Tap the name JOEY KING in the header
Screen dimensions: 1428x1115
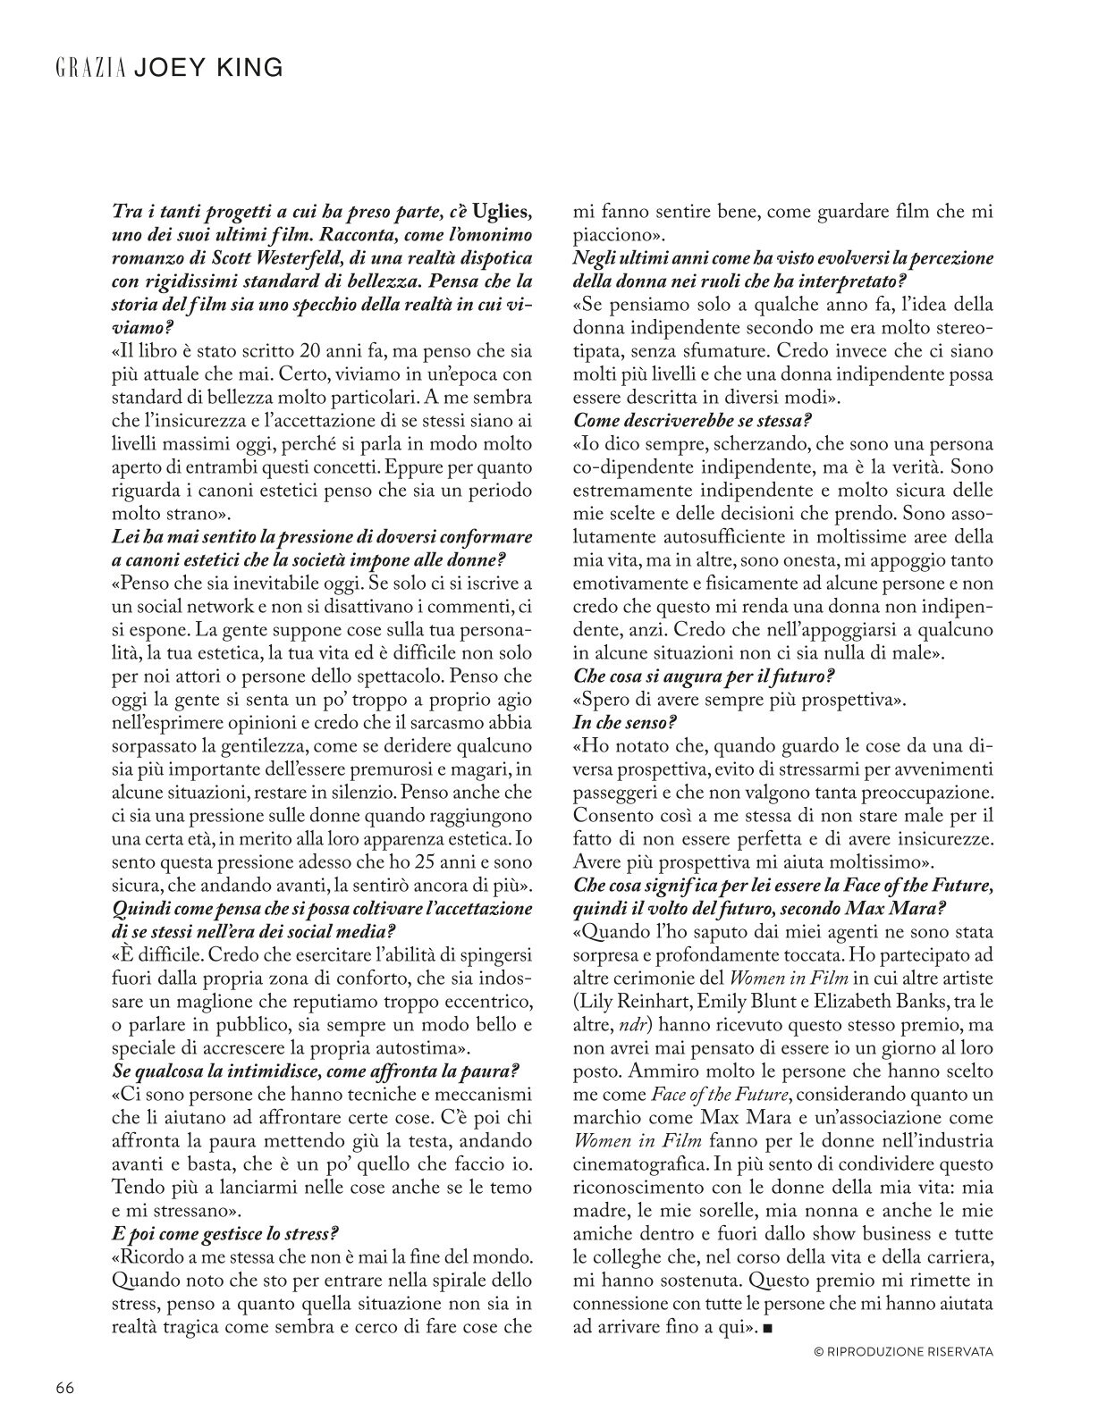207,67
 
